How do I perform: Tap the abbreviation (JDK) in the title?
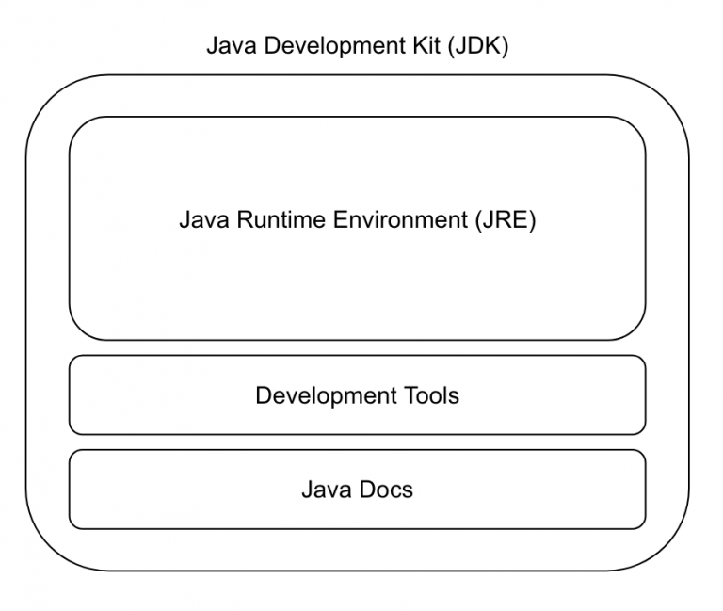tap(478, 46)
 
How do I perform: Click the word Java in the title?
tap(232, 46)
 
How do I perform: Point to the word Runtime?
tap(281, 219)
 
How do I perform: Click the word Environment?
tap(401, 219)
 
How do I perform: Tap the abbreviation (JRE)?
tap(506, 220)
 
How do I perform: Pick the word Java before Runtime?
tap(204, 219)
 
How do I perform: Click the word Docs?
tap(385, 490)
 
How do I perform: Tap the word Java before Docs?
tap(327, 490)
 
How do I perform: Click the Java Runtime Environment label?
tap(358, 220)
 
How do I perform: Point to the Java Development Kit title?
tap(358, 46)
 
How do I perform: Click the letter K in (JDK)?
tap(493, 45)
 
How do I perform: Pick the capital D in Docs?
tap(366, 490)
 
